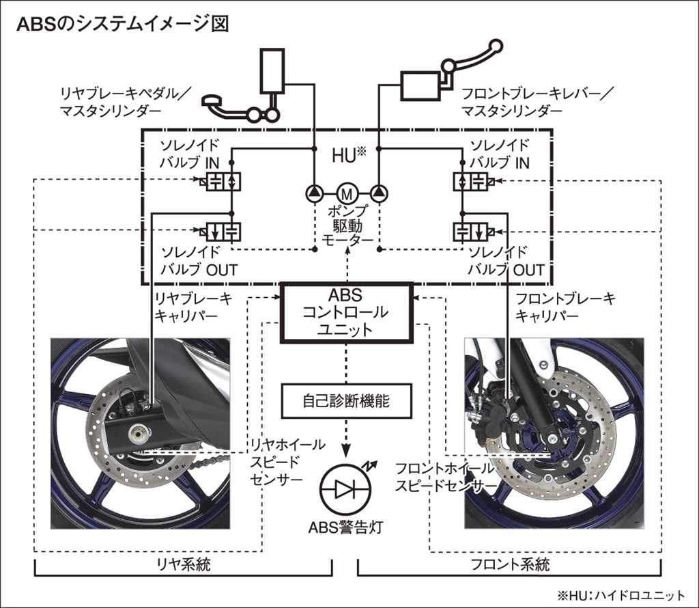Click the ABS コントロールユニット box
[x=347, y=312]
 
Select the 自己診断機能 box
[x=347, y=400]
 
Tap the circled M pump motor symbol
[x=345, y=193]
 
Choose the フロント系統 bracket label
[x=510, y=565]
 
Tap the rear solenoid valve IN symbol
[x=225, y=182]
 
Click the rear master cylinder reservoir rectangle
[x=273, y=70]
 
